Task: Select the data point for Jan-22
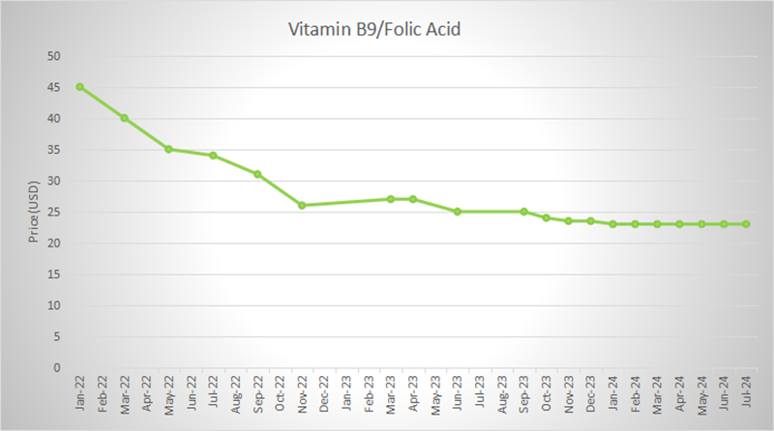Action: [79, 87]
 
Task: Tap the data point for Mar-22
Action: [124, 118]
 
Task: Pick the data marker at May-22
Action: [168, 149]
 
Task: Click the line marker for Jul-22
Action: [213, 156]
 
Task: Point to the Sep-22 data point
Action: [257, 174]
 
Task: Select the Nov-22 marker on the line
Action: [302, 205]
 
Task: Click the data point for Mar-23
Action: [391, 199]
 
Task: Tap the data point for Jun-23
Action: [458, 212]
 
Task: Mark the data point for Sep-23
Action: [524, 212]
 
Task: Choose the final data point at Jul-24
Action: [746, 224]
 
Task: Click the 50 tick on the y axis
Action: [55, 56]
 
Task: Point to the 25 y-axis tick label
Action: [55, 212]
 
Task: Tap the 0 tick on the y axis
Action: [58, 367]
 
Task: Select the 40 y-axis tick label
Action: [55, 118]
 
